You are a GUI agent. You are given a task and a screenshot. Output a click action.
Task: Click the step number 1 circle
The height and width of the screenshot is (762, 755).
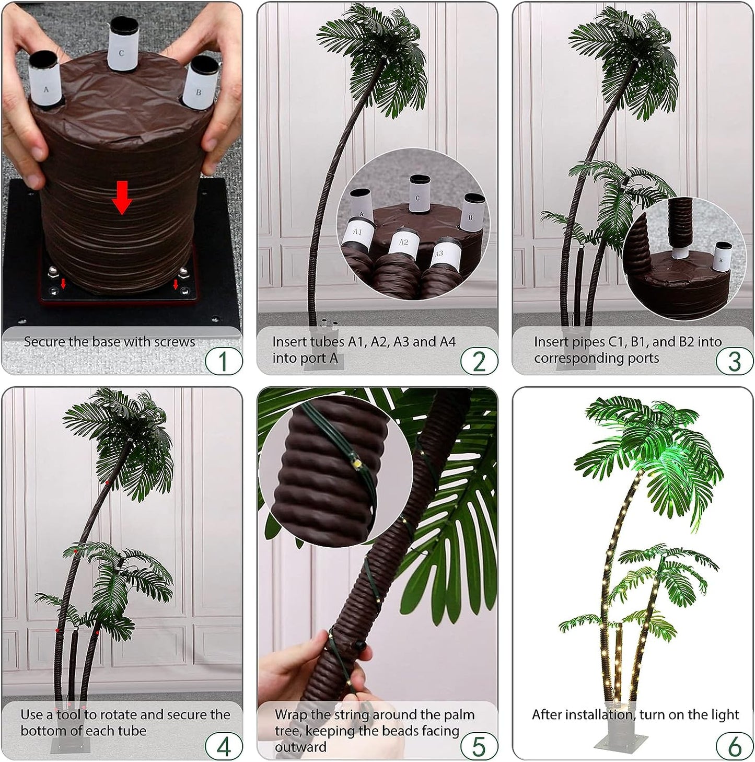click(224, 361)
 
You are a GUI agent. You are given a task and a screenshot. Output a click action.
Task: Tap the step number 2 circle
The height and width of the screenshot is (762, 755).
click(479, 361)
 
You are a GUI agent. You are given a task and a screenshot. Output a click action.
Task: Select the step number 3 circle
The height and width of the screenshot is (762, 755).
click(735, 361)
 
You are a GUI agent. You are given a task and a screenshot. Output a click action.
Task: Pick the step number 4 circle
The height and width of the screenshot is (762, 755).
click(224, 746)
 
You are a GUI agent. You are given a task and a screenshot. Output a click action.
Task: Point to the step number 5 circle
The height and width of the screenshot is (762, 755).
click(479, 746)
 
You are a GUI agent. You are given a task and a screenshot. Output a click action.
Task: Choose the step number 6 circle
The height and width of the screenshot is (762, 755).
click(735, 746)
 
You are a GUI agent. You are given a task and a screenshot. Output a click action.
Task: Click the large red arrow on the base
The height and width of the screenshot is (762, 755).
click(122, 197)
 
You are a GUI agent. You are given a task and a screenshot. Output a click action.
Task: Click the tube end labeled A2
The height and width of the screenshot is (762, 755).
click(403, 244)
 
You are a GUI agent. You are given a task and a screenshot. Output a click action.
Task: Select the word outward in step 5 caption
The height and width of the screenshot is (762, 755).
click(300, 747)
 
